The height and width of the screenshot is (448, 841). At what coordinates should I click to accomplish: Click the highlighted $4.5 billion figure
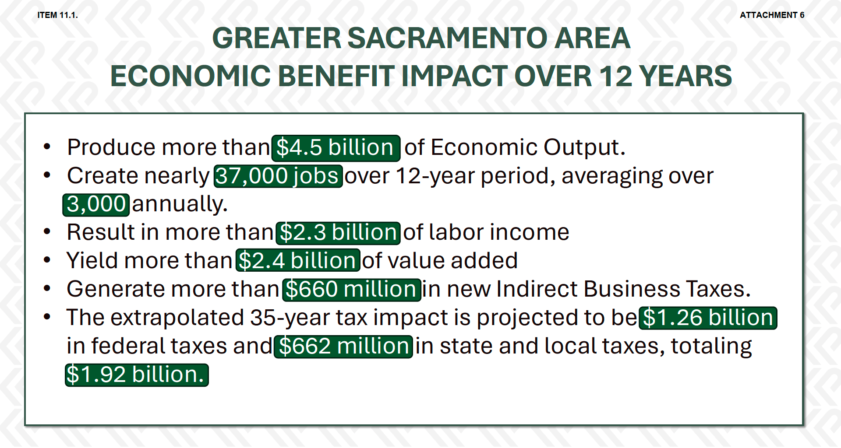tap(336, 148)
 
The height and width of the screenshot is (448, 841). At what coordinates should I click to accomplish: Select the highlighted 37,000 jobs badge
tap(278, 176)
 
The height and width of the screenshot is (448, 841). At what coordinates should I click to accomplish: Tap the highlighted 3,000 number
tap(96, 205)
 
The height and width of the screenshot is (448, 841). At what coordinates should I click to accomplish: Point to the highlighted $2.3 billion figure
tap(338, 233)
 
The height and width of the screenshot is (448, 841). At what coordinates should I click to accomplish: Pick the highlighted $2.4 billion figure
tap(298, 261)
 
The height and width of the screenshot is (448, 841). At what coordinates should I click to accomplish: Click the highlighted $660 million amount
tap(352, 290)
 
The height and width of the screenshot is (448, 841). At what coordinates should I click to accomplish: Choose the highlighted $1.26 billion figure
tap(708, 318)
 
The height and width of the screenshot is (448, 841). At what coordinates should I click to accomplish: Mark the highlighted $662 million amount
tap(343, 346)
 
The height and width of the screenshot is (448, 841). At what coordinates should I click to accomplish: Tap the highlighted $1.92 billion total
tap(137, 375)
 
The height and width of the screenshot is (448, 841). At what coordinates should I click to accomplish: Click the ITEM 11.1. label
tap(57, 15)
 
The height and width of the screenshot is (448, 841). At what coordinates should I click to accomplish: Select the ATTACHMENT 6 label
tap(772, 15)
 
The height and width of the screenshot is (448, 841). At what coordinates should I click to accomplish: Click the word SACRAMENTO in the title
tap(447, 38)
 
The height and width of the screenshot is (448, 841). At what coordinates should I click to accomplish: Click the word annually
tap(180, 205)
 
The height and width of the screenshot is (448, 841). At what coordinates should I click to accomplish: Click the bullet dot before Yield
tap(47, 261)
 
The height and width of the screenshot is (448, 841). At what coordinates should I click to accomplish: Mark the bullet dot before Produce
tap(47, 147)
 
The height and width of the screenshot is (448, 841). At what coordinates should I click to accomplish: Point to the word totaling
tap(711, 346)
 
